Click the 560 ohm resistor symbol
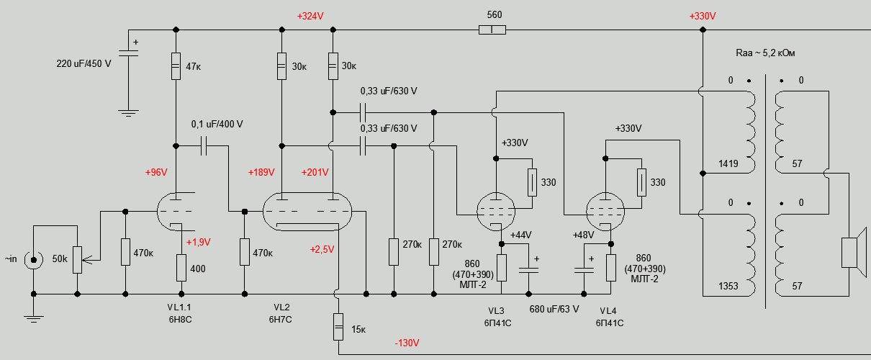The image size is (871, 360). point(492,30)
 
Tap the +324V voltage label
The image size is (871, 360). point(310,15)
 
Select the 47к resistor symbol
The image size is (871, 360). point(176,66)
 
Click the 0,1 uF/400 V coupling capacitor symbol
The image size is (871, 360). point(204,147)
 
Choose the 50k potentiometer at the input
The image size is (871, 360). point(77,256)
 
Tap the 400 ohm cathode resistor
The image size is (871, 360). point(181,268)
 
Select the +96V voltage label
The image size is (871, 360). point(155,173)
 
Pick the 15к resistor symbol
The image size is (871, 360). point(338,328)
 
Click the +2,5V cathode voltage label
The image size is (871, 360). point(323,249)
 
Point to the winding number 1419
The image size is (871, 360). point(728,164)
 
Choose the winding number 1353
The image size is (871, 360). point(728,286)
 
